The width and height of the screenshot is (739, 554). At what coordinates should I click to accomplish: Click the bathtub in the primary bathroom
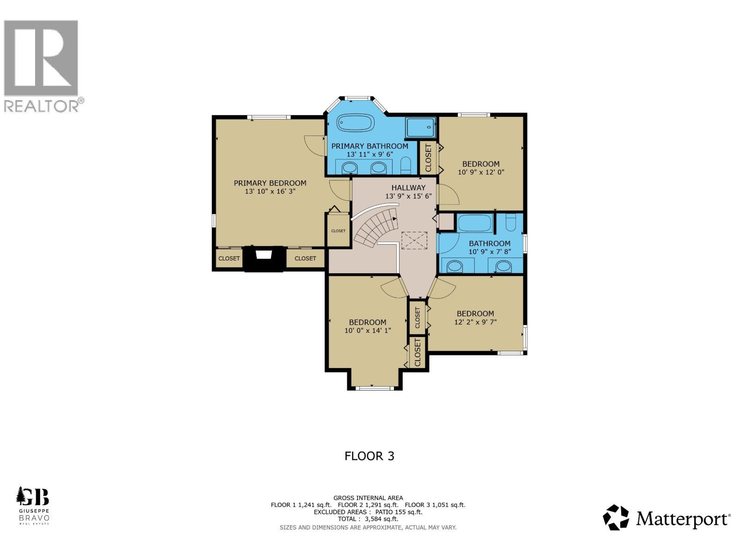(355, 124)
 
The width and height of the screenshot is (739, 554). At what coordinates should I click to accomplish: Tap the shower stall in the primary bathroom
(420, 127)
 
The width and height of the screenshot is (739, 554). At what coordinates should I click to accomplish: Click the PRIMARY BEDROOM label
(270, 183)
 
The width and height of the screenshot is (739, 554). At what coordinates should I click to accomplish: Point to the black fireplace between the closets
(264, 259)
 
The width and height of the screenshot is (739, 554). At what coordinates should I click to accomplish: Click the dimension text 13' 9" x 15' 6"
(408, 196)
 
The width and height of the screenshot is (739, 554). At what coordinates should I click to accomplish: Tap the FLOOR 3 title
(369, 456)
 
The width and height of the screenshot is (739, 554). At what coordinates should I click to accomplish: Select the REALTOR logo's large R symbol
(41, 57)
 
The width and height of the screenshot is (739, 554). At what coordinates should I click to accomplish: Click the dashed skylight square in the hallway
(414, 241)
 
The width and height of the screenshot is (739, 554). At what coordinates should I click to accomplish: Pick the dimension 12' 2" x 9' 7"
(475, 322)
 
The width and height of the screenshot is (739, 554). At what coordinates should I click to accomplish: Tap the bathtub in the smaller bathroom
(475, 224)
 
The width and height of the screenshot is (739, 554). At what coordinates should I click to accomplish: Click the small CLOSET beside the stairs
(338, 230)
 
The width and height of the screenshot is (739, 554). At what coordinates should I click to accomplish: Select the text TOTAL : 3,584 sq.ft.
(368, 519)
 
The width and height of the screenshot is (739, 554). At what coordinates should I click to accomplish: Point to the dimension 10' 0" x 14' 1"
(368, 330)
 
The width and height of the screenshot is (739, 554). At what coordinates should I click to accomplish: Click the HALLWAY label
(408, 187)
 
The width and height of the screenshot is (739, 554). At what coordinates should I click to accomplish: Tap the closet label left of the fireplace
(229, 259)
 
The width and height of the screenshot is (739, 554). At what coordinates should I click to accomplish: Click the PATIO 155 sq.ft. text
(399, 512)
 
